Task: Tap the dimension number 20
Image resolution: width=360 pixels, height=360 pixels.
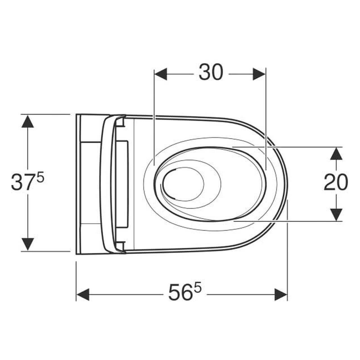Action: [x=336, y=182]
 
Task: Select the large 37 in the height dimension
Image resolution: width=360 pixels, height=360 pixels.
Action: [x=23, y=182]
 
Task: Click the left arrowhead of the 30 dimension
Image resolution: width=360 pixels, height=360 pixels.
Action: [x=160, y=74]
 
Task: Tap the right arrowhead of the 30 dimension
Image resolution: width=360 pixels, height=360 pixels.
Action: [x=259, y=74]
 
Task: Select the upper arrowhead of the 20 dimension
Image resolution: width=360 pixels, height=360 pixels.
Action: [x=336, y=153]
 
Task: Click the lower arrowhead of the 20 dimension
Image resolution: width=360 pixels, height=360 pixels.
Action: [x=336, y=215]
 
